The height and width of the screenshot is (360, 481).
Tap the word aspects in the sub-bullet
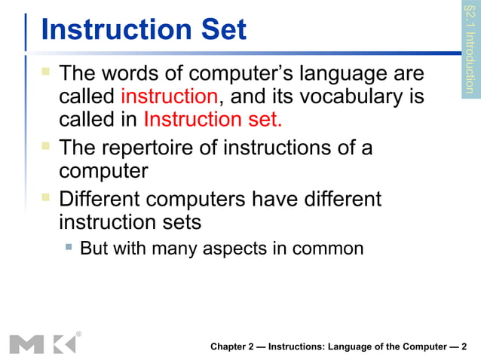240,248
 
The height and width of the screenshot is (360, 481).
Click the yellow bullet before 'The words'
47,74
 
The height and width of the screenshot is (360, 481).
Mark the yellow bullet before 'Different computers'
47,200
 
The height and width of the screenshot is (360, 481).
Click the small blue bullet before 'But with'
69,247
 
